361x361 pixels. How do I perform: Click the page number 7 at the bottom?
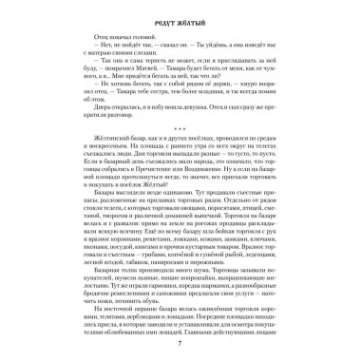[x=180, y=340]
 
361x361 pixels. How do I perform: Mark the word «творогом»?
[x=103, y=236]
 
